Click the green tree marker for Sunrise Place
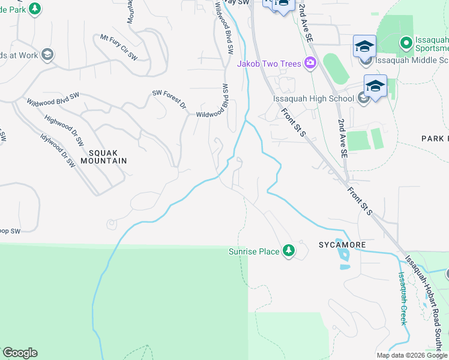click(x=289, y=251)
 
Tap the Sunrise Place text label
click(x=254, y=251)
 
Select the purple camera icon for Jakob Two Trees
click(x=310, y=63)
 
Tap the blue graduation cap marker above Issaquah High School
click(x=375, y=86)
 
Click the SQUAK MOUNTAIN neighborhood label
click(x=100, y=157)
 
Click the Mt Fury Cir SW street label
click(x=119, y=47)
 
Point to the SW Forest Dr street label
click(x=169, y=101)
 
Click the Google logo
click(x=20, y=353)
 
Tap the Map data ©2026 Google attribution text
click(x=412, y=355)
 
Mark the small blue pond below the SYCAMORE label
click(x=345, y=257)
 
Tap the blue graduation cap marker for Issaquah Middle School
click(x=364, y=46)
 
